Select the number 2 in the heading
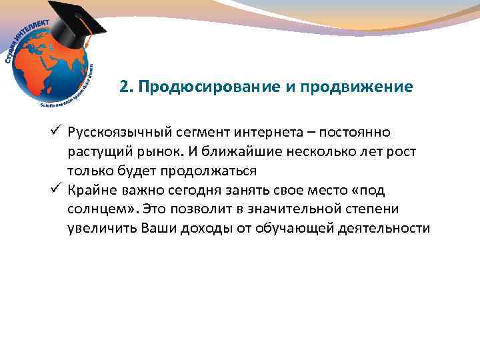coord(124,88)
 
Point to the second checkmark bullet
coord(57,189)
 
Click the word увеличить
coord(102,228)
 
